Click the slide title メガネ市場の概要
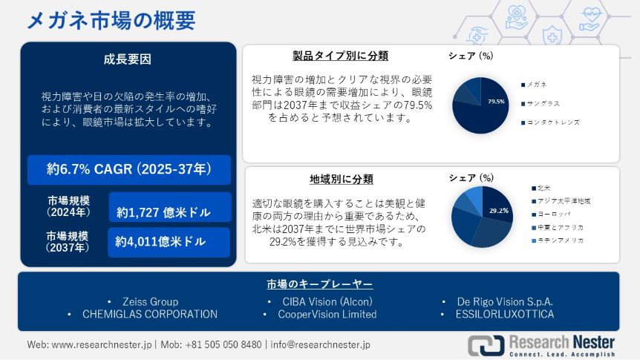coord(111,20)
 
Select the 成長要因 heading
coord(128,59)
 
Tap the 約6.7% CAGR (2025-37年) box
coord(129,169)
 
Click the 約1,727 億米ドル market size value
coord(163,212)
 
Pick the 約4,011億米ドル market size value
coord(160,242)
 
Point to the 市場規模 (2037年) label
coord(68,242)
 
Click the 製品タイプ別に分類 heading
coord(340,56)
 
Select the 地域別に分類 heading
coord(342,179)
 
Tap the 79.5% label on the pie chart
coord(496,102)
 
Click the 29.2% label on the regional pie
coord(499,211)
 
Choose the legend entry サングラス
coord(540,104)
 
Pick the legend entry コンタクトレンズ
coord(550,122)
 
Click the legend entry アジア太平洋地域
coord(561,201)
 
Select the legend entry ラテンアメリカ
coord(558,240)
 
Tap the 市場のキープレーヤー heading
coord(319,284)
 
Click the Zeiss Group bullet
coord(150,301)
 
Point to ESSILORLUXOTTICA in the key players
coord(505,314)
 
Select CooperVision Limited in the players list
coord(327,314)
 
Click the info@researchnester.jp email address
coord(321,344)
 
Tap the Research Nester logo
coord(541,345)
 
